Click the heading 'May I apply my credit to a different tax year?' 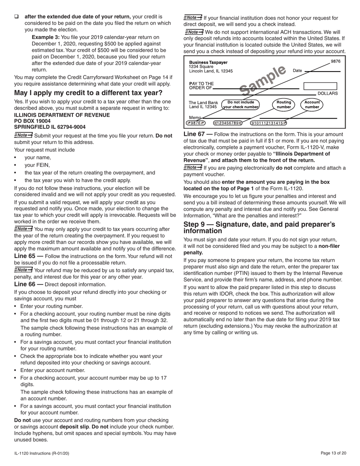pos(88,93)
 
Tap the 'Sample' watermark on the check pos(263,80)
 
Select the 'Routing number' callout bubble pos(283,105)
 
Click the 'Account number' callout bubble pos(312,105)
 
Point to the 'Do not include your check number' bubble pos(241,105)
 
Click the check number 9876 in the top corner pos(335,61)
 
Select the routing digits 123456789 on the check pos(228,123)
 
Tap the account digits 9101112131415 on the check pos(268,123)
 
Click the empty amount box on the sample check pos(320,86)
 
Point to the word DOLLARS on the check pos(327,93)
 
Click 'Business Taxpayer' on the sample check pos(208,63)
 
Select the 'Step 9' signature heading pos(259,228)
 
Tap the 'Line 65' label pos(25,256)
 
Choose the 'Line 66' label pos(25,285)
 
